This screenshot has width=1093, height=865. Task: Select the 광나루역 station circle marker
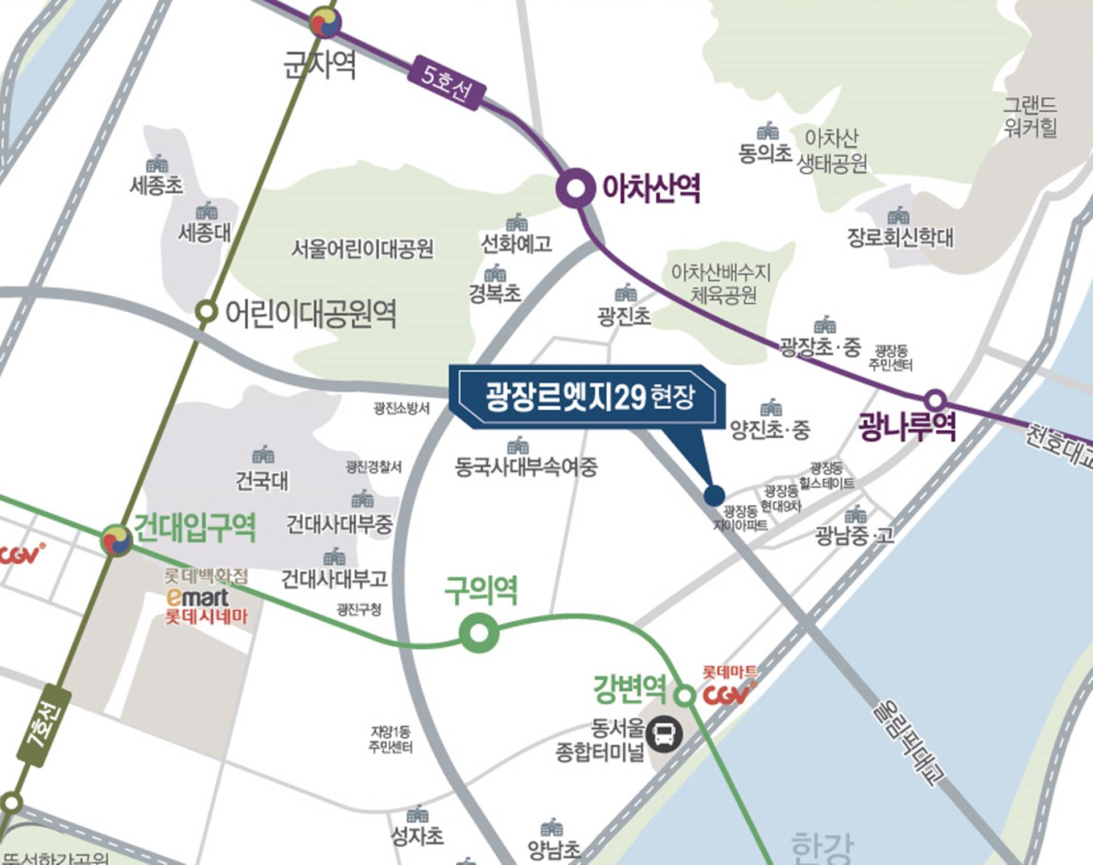tap(935, 400)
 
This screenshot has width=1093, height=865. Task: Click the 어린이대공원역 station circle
tap(206, 312)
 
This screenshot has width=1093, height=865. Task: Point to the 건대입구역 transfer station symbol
tap(117, 540)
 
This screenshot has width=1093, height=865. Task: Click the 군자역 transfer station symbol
tap(325, 23)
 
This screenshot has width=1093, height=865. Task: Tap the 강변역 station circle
tap(684, 695)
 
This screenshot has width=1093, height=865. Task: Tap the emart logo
tap(197, 597)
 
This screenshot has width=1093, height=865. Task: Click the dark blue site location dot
tap(714, 495)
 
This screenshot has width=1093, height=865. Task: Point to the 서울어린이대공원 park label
tap(363, 249)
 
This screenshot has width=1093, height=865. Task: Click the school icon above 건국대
tap(263, 455)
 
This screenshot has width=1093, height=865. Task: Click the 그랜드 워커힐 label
tap(1030, 116)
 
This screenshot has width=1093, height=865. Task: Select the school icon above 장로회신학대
tap(898, 216)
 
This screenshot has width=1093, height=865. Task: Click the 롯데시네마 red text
tap(206, 617)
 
